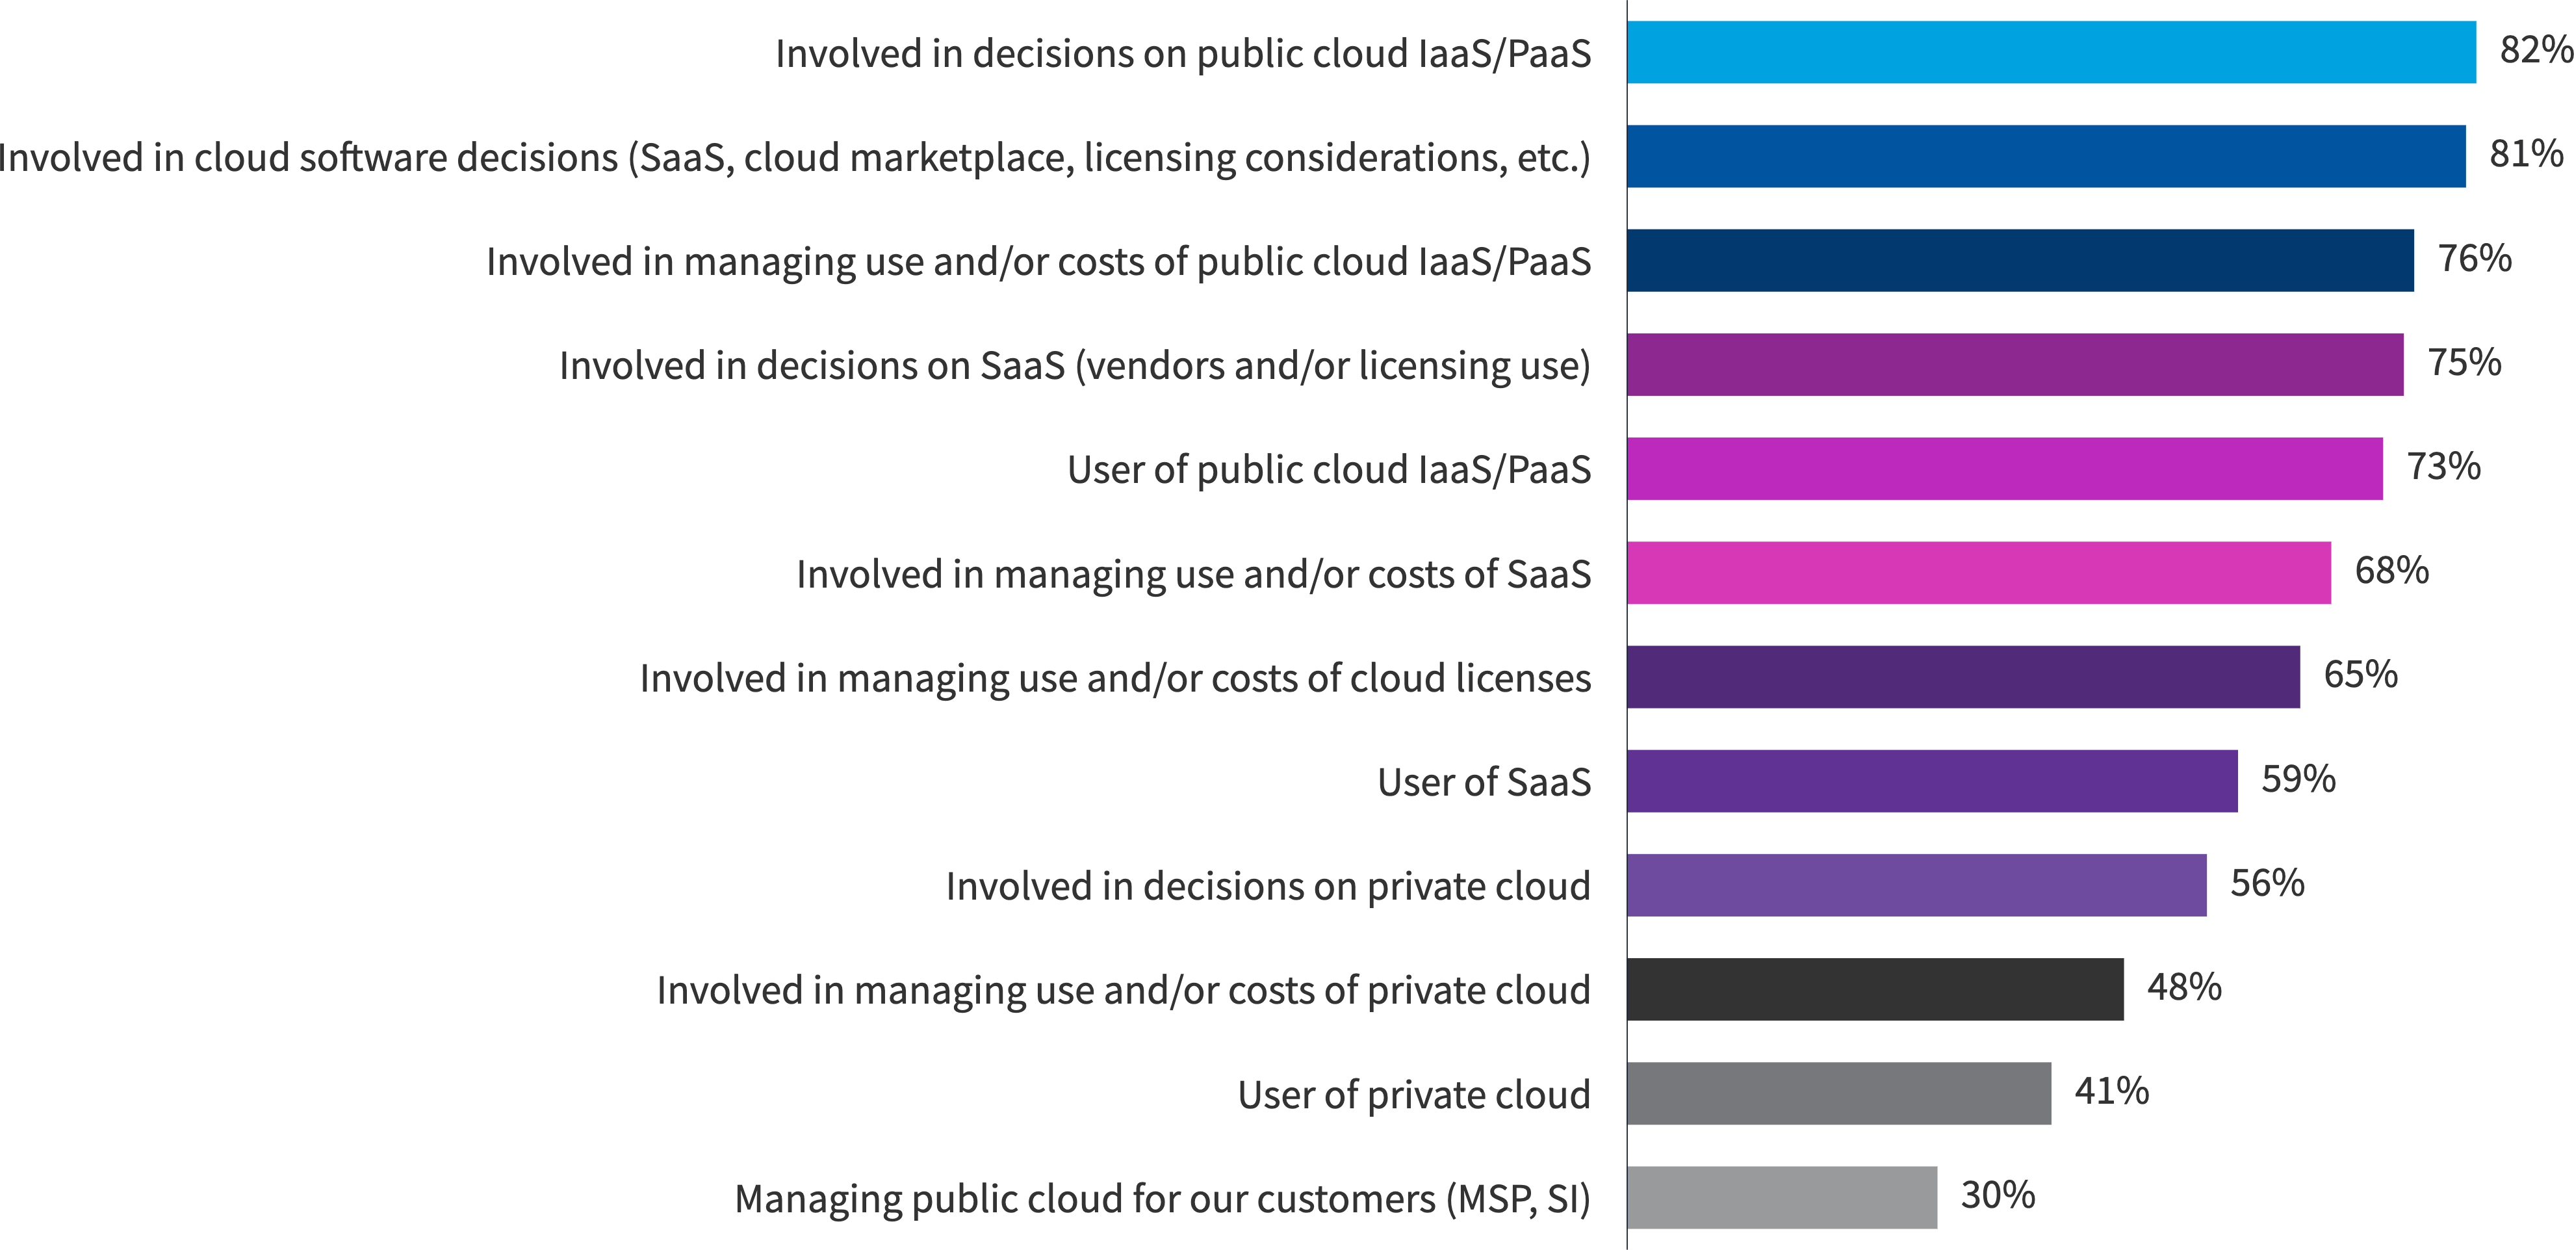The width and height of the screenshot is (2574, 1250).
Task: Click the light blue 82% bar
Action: [x=2050, y=52]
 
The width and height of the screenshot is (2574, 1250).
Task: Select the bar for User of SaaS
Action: [x=1931, y=781]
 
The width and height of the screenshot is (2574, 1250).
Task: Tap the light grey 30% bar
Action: [x=1782, y=1197]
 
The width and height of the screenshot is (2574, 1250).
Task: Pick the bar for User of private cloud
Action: [x=1838, y=1093]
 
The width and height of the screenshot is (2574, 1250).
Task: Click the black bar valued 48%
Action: [x=1875, y=989]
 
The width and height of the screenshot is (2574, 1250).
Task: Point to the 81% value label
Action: [x=2525, y=155]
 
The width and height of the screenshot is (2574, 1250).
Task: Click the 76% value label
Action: [x=2474, y=259]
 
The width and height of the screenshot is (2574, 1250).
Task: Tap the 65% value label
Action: [x=2360, y=675]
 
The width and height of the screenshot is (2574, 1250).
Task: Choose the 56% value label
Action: [x=2267, y=883]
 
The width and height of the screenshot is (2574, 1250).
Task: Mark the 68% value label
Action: [x=2391, y=571]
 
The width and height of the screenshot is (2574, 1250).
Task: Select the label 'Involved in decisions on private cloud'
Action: [x=1267, y=886]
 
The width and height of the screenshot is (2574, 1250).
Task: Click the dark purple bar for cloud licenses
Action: [x=1963, y=677]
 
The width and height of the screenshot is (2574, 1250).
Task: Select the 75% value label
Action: [x=2464, y=363]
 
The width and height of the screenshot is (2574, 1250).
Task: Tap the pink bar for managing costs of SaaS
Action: [x=1979, y=573]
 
